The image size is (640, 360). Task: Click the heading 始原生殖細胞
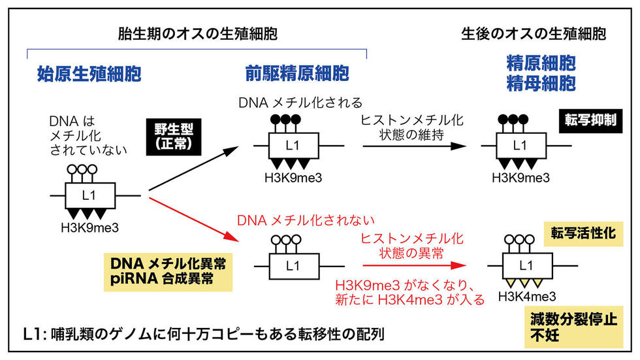[x=89, y=73]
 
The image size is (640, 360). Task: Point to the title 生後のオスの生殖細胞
[x=533, y=33]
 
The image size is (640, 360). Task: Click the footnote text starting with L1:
[x=203, y=334]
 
